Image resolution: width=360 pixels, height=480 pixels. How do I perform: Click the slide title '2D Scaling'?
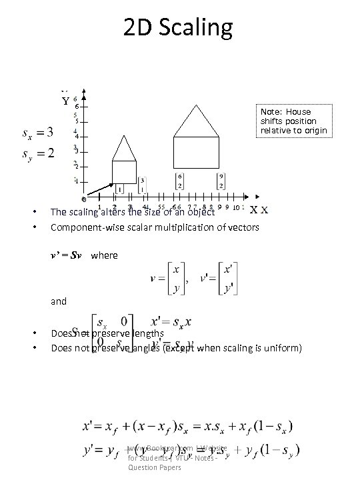coord(178,28)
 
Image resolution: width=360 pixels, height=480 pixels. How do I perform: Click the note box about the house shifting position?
coord(294,121)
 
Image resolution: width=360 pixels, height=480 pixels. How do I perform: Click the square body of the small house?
coord(124,172)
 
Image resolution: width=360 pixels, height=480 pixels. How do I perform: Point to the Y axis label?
coord(65,101)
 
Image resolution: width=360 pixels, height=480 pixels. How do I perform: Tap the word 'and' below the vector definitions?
coord(59,301)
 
